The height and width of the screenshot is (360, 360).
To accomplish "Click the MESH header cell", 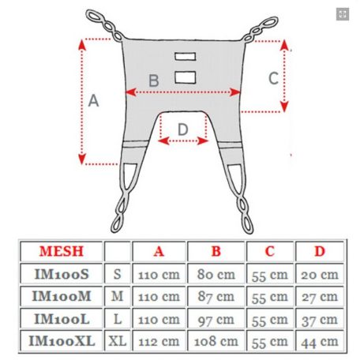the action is [62, 251].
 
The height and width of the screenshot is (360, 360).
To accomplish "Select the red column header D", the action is [320, 251].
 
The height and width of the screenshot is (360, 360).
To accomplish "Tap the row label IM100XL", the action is [62, 341].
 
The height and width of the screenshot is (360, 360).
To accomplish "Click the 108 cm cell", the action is [216, 342].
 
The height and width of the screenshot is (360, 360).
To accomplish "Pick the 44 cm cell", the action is [320, 342].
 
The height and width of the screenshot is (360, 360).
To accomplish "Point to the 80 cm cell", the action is [216, 274].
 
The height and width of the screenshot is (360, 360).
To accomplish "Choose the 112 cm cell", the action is [159, 342].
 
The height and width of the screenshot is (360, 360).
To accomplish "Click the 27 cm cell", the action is [320, 297].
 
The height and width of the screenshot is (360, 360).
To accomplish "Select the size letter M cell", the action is [117, 297].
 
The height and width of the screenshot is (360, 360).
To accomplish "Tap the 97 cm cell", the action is [216, 320].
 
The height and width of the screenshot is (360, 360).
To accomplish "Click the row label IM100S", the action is [62, 274].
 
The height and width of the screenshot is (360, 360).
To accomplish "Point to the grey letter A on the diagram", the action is [93, 101].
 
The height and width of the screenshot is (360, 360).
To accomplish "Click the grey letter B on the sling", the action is [154, 81].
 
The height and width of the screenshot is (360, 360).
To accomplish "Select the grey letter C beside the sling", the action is [273, 78].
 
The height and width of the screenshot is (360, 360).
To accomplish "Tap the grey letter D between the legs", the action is [183, 129].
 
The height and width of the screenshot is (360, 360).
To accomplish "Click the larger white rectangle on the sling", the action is [186, 77].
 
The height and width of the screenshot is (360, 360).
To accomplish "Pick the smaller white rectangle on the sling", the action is [186, 56].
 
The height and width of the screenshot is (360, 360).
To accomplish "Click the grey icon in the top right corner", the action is [343, 14].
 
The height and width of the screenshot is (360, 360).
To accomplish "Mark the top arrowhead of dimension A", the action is [82, 44].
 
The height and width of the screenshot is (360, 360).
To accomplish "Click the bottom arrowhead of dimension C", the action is [284, 107].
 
